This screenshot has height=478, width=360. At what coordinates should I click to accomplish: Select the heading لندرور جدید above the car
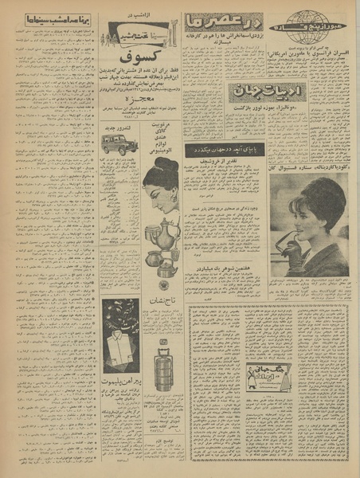click(119, 122)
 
